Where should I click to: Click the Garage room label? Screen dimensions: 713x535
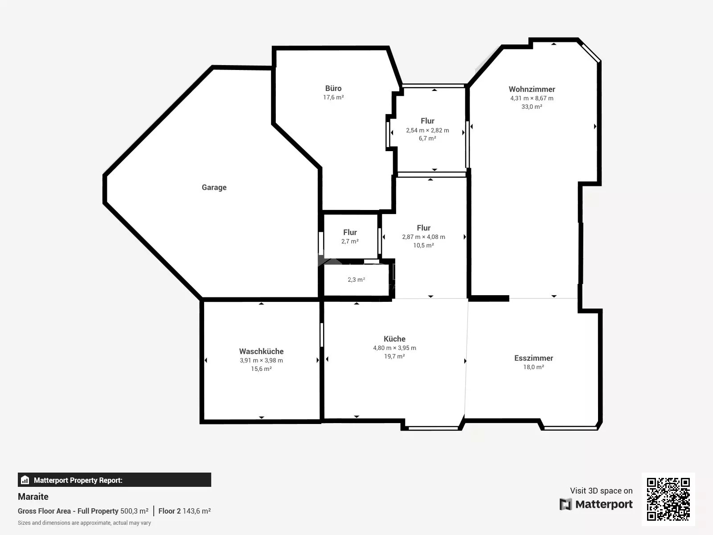tap(214, 187)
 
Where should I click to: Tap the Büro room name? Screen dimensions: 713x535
tap(333, 88)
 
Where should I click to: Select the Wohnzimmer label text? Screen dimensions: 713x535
tap(532, 89)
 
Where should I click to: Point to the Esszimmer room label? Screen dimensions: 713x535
tap(533, 358)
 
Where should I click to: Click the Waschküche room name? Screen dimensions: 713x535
tap(261, 351)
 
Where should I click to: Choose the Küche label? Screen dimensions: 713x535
tap(394, 339)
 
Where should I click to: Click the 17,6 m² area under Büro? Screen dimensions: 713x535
tap(333, 97)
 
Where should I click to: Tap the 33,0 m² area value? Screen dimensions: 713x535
tap(532, 107)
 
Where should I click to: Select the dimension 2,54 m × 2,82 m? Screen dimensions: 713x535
tap(427, 130)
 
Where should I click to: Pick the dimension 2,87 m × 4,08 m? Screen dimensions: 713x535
tap(424, 237)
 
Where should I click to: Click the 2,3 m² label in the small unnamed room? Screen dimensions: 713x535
tap(356, 280)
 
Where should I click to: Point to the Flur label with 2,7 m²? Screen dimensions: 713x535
tap(350, 232)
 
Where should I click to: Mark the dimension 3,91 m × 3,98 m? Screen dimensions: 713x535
tap(261, 360)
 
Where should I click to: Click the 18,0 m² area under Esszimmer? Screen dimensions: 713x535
tap(533, 367)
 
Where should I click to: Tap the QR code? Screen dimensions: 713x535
tap(668, 499)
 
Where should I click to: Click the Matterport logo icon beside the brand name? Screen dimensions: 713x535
tap(565, 504)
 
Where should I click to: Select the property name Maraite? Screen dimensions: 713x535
tap(33, 497)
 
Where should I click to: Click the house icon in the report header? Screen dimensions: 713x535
tap(25, 480)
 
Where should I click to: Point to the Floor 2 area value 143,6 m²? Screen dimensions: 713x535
tap(197, 511)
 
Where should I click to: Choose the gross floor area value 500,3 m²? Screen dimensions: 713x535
tap(134, 511)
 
